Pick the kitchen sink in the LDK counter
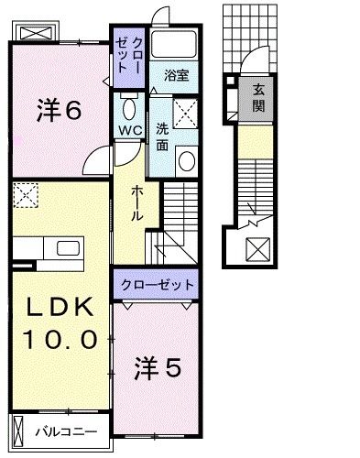(x=67, y=248)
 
